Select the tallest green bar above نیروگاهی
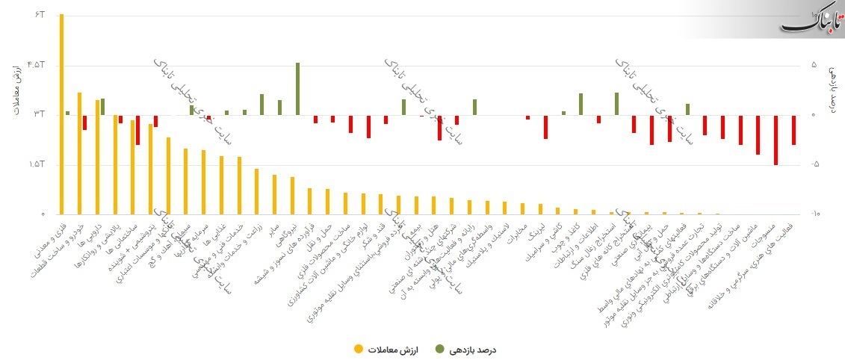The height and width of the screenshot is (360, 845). click(x=297, y=89)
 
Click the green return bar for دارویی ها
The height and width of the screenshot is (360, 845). click(x=102, y=106)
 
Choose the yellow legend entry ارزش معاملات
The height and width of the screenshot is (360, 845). click(x=388, y=349)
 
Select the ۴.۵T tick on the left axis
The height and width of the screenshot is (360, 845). click(x=37, y=65)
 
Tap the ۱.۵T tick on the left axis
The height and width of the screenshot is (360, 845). click(x=37, y=164)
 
